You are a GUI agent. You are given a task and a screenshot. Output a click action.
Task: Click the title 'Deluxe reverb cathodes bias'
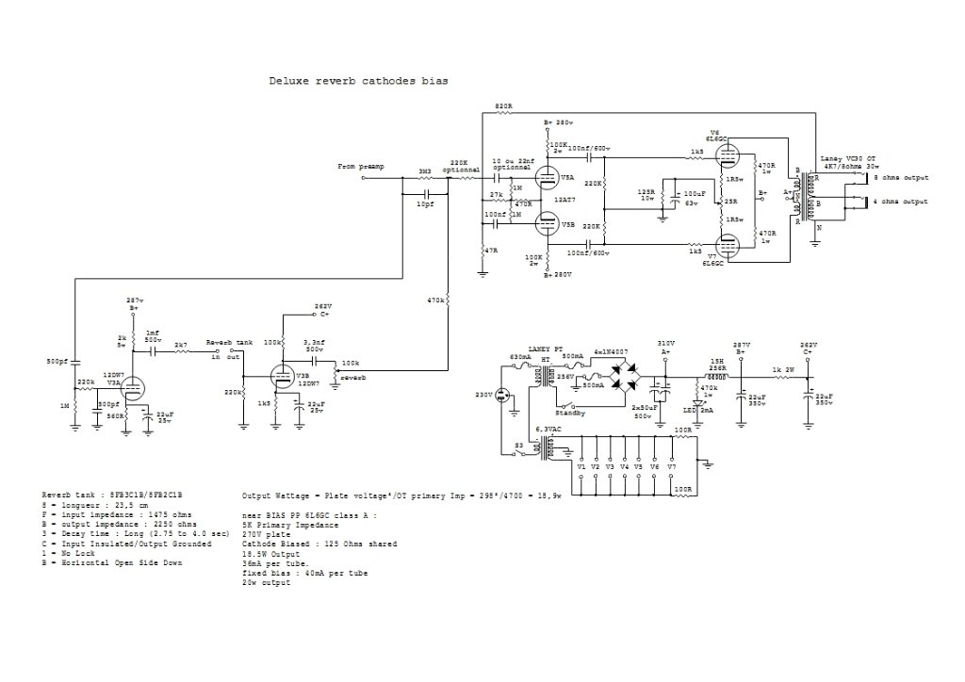click(358, 82)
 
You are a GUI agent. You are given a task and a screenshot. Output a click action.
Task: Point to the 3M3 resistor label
click(425, 171)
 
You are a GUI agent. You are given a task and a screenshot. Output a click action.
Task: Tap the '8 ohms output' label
click(899, 177)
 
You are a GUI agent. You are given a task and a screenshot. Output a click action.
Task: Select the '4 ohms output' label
click(899, 202)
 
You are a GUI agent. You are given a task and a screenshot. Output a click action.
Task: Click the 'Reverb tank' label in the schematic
click(230, 341)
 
